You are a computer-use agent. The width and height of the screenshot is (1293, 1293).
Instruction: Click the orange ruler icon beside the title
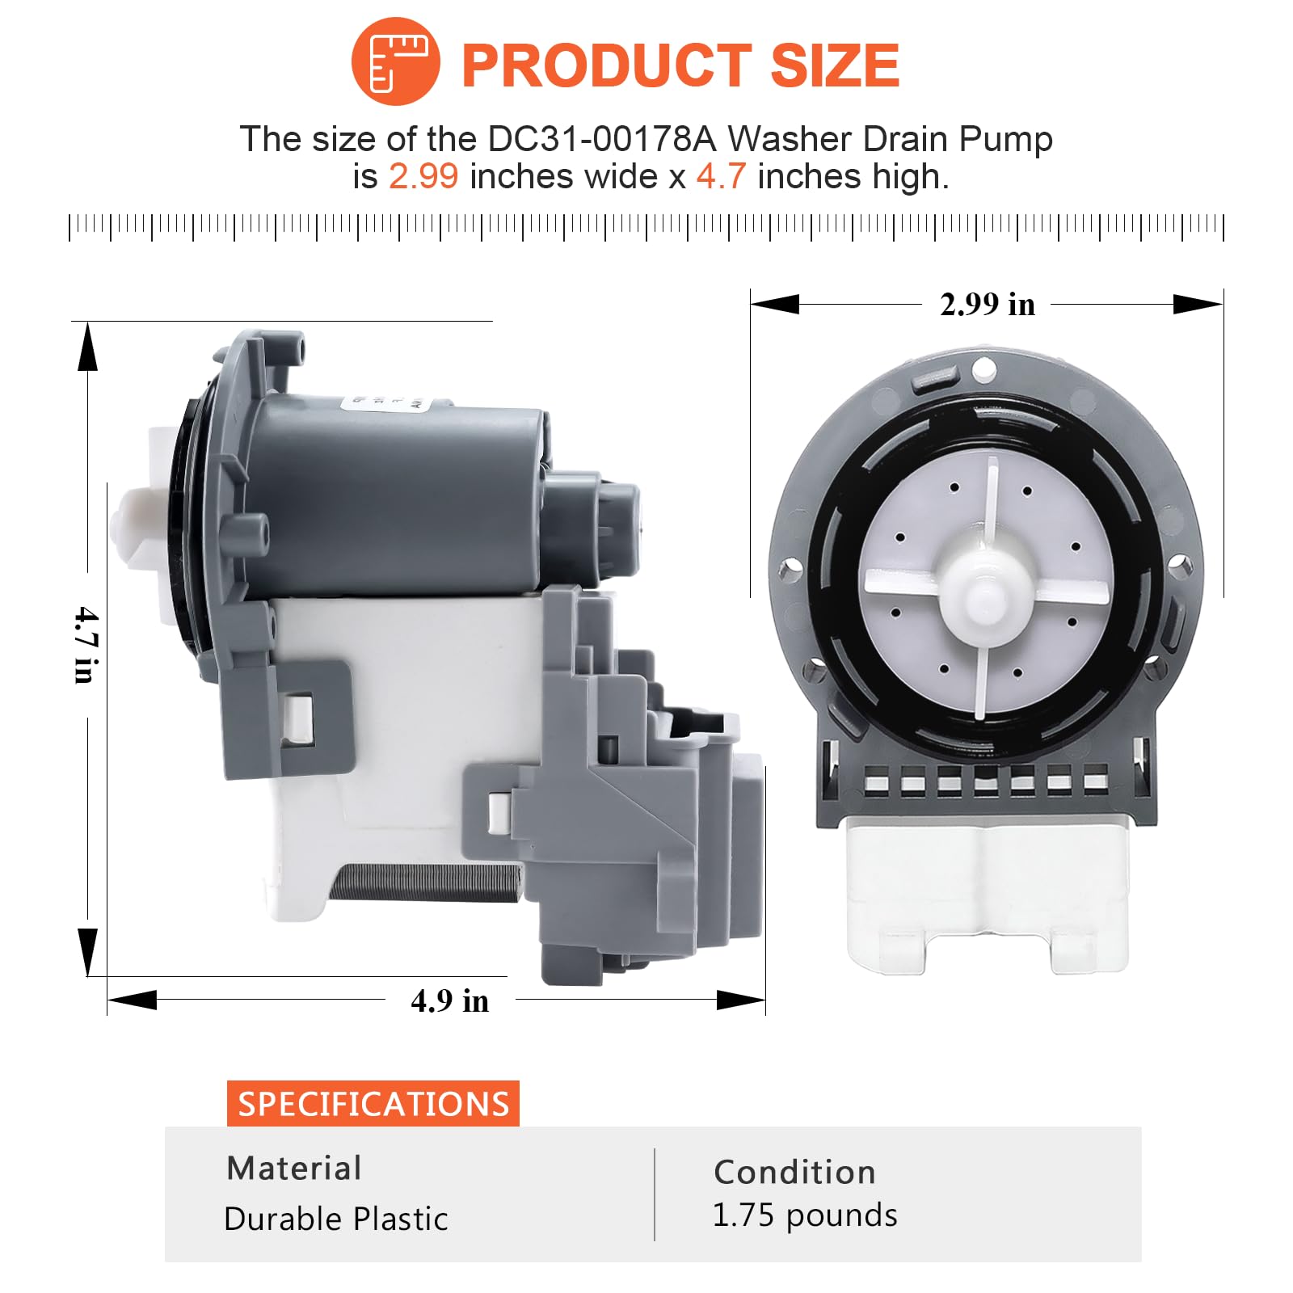pos(395,61)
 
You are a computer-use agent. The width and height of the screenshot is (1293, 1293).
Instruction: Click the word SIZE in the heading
pos(835,65)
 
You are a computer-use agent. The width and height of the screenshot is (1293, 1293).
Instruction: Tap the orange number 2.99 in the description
pos(423,176)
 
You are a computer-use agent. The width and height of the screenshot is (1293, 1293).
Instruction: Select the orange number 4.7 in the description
pos(721,176)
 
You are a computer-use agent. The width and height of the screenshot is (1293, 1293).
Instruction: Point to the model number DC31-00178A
pos(602,139)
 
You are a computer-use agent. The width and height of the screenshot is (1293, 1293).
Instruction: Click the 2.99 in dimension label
pos(988,305)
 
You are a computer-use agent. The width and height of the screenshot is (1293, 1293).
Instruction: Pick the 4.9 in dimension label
pos(449,1000)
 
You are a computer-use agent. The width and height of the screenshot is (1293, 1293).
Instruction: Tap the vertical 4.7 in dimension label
pos(86,645)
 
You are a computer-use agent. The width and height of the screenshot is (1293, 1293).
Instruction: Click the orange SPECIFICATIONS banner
pos(373,1104)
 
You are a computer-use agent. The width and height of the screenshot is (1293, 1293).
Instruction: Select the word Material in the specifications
pos(294,1168)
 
